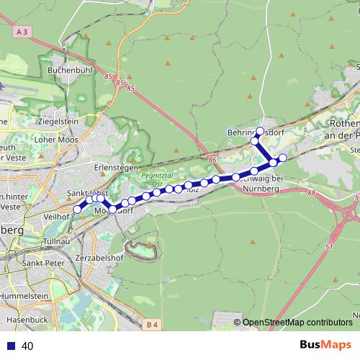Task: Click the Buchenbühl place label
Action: [x=69, y=71]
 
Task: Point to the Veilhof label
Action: [x=56, y=216]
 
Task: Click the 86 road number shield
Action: [x=212, y=160]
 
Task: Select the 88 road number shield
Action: [x=311, y=193]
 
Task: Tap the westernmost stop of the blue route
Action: [x=78, y=210]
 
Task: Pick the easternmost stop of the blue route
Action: [x=283, y=157]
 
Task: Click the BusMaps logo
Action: [x=325, y=346]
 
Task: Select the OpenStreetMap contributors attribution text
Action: [x=297, y=323]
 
